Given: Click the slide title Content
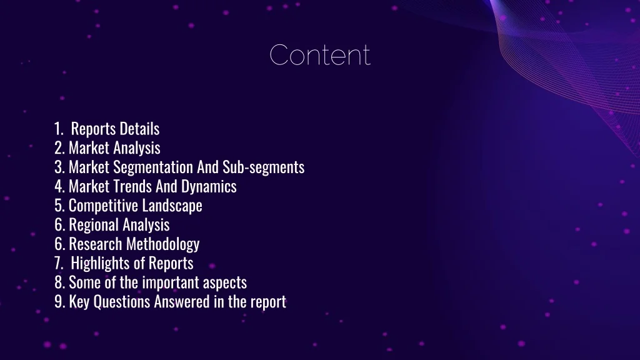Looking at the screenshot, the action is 320,55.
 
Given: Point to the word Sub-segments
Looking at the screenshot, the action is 263,167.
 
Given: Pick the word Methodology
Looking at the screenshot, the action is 162,244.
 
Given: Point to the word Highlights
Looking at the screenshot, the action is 101,264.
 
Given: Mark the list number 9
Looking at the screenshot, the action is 59,302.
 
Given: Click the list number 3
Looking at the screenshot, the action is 59,167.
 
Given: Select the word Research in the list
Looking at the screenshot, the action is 96,244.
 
